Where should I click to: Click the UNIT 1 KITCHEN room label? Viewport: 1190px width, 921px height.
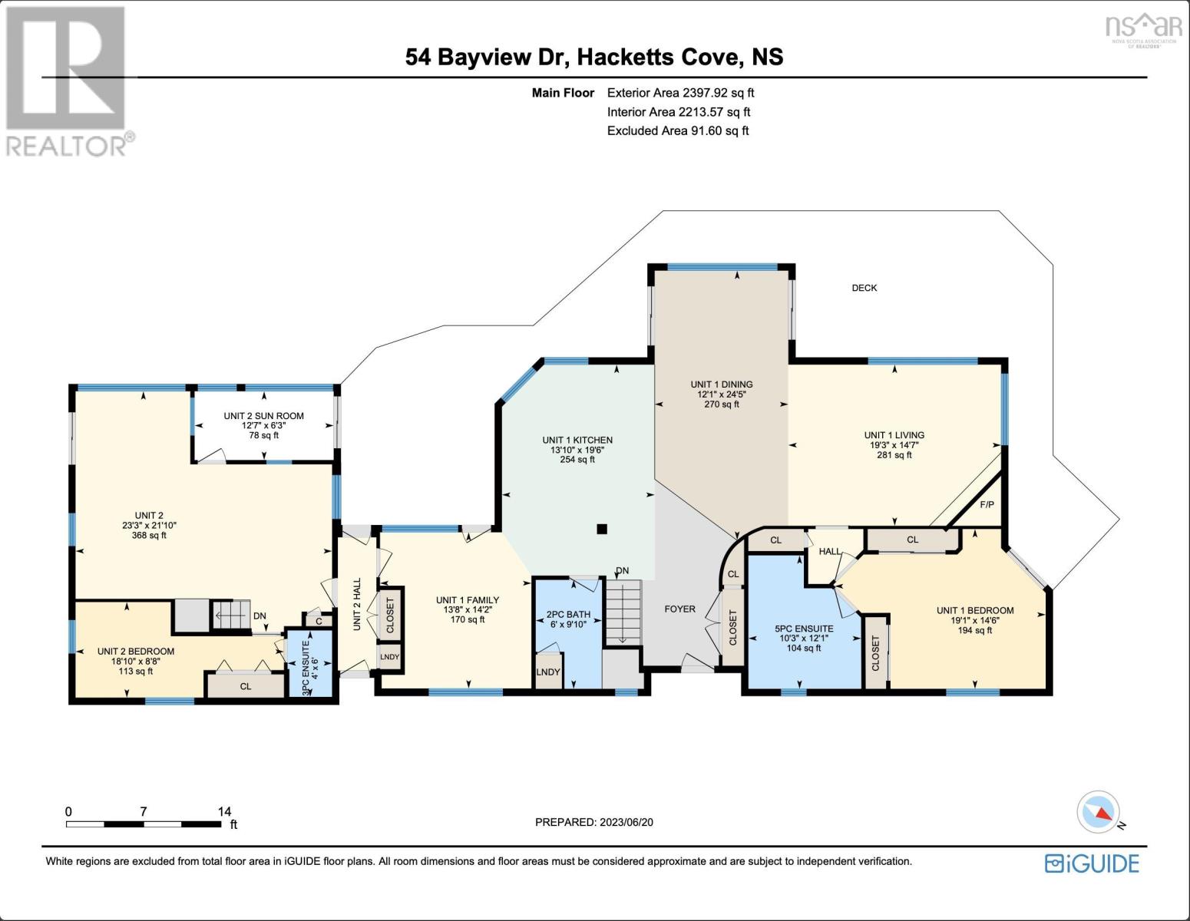tap(577, 441)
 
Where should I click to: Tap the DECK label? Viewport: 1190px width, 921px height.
tap(864, 288)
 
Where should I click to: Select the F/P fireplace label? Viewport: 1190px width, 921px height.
tap(987, 505)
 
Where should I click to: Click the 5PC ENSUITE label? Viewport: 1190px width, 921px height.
tap(804, 629)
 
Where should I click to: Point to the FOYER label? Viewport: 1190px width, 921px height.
tap(679, 609)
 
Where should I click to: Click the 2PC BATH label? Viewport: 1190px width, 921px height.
tap(568, 614)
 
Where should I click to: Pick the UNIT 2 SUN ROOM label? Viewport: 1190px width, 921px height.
tap(263, 416)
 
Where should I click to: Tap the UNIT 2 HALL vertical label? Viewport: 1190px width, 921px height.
tap(357, 605)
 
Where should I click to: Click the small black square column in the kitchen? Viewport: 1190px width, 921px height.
tap(602, 528)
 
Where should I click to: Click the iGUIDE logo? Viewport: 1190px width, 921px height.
tap(1092, 863)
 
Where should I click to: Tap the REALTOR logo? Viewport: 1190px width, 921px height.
tap(68, 81)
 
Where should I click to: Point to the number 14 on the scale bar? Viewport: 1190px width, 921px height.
tap(224, 811)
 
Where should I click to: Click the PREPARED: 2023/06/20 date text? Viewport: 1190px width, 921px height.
tap(593, 822)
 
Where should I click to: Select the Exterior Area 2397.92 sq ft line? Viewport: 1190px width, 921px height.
tap(680, 93)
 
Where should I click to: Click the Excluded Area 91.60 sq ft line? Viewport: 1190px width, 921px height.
tap(677, 130)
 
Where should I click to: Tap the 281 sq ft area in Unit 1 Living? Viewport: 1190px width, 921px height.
tap(894, 455)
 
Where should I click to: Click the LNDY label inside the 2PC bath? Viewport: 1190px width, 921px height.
tap(547, 672)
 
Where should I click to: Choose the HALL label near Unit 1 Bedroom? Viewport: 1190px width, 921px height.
tap(829, 552)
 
